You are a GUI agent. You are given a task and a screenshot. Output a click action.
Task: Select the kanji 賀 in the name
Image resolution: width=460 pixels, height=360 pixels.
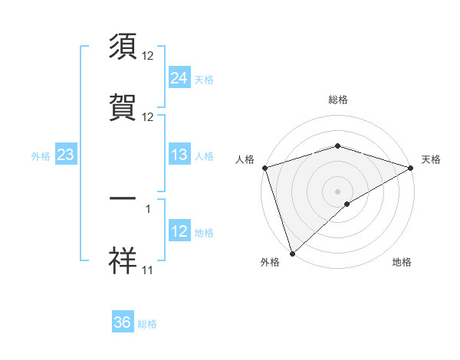pyautogui.click(x=123, y=108)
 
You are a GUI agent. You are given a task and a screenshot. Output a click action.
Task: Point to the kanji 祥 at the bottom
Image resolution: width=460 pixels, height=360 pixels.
pyautogui.click(x=123, y=261)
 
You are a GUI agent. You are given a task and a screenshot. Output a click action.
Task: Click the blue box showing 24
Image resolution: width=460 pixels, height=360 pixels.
pyautogui.click(x=179, y=77)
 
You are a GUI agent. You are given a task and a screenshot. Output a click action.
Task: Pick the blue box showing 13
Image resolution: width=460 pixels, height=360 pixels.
pyautogui.click(x=179, y=155)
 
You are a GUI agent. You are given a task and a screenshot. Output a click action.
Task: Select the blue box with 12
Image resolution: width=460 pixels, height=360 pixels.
pyautogui.click(x=179, y=231)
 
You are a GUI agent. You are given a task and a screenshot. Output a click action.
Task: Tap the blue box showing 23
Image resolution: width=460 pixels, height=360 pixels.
pyautogui.click(x=65, y=155)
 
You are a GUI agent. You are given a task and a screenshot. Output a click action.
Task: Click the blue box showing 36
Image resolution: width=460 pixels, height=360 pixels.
pyautogui.click(x=123, y=322)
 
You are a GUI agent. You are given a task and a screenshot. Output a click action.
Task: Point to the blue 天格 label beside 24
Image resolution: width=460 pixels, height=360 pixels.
pyautogui.click(x=204, y=79)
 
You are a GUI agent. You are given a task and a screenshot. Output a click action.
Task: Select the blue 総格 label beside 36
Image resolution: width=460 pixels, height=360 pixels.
pyautogui.click(x=147, y=324)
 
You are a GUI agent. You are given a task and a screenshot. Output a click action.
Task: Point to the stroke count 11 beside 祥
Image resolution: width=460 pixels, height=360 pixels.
pyautogui.click(x=148, y=270)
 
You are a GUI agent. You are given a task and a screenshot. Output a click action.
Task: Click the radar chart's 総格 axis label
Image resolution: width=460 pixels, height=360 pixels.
pyautogui.click(x=337, y=100)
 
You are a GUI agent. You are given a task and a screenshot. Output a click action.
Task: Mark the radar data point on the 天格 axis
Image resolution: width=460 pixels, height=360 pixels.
pyautogui.click(x=411, y=168)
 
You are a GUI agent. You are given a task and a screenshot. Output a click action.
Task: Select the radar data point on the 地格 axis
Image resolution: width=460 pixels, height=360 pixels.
pyautogui.click(x=347, y=204)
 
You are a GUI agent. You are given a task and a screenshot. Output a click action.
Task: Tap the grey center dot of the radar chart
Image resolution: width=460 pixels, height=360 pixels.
pyautogui.click(x=337, y=191)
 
